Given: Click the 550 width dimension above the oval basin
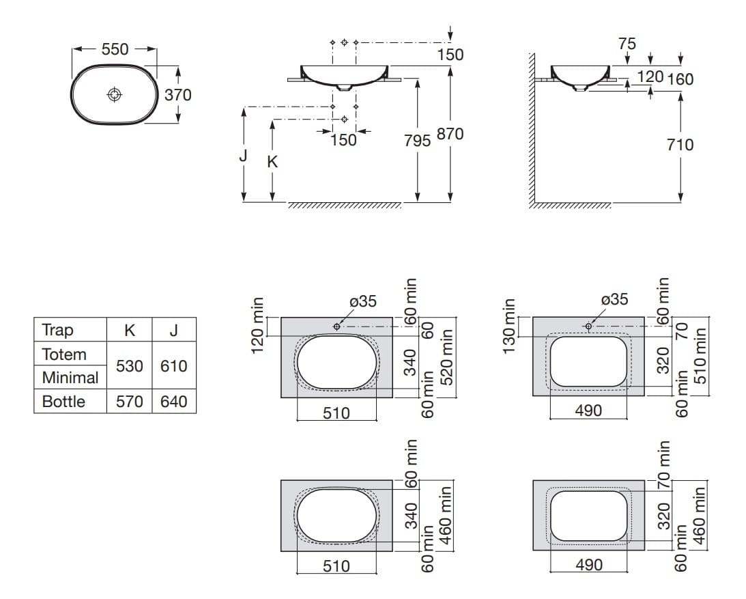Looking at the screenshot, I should (x=114, y=49).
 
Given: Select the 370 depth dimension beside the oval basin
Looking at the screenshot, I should (x=178, y=94).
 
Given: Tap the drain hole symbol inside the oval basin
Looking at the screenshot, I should (x=115, y=94).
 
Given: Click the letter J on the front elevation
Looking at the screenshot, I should (x=244, y=156).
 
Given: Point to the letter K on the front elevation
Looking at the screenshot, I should (x=272, y=162).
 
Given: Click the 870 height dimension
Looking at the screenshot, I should (x=450, y=135).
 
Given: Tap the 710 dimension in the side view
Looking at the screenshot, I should (x=680, y=144).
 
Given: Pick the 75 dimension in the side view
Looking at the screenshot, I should (x=627, y=44).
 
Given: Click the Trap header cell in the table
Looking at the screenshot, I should (x=57, y=330).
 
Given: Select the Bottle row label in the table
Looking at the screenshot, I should (x=63, y=402).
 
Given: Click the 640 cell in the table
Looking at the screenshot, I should (x=173, y=402).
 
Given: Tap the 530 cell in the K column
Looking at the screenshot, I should (x=130, y=366).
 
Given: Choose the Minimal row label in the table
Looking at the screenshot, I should (x=70, y=378).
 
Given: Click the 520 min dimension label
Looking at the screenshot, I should (x=447, y=357).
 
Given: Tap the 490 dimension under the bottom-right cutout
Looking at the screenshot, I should (x=589, y=565).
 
